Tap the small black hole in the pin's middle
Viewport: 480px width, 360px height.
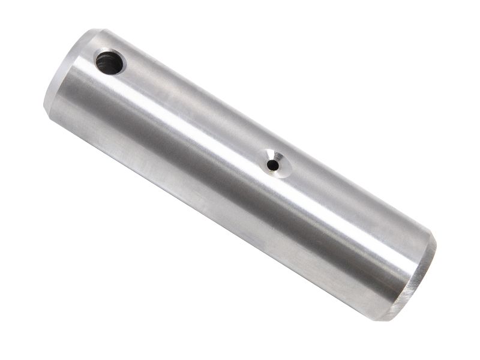coord(274,162)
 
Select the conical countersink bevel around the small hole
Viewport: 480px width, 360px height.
coord(281,169)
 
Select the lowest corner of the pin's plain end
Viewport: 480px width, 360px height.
coord(393,320)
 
